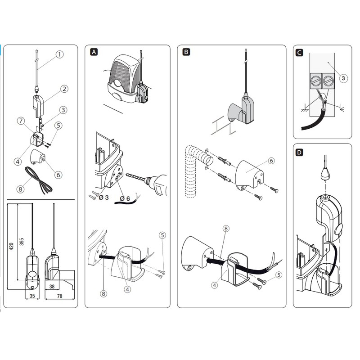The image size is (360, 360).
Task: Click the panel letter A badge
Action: click(x=94, y=52)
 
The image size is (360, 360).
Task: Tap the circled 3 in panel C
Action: click(x=343, y=78)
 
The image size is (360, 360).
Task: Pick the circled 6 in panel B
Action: click(x=271, y=161)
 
